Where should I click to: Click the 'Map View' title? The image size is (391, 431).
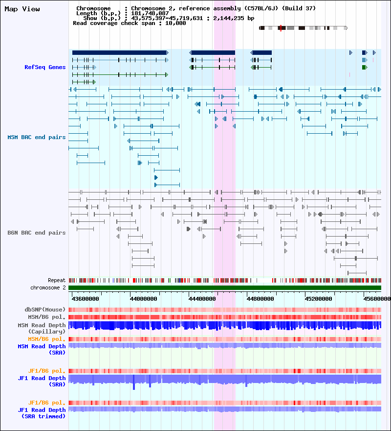[22, 9]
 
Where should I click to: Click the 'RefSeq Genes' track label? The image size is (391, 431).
[45, 67]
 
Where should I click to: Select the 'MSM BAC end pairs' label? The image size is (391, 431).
[37, 137]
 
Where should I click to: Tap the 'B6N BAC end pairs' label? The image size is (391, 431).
[37, 233]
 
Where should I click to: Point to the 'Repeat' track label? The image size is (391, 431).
[57, 280]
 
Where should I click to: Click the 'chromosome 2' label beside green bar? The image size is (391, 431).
[48, 287]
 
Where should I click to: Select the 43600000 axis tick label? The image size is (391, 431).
[86, 298]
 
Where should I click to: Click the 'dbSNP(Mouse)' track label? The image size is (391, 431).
[45, 310]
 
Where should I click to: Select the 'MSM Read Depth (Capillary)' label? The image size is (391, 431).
[42, 328]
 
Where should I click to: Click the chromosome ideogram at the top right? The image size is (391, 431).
[303, 28]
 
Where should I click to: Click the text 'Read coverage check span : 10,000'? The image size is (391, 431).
[129, 23]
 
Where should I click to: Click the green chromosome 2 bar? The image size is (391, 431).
[225, 287]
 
